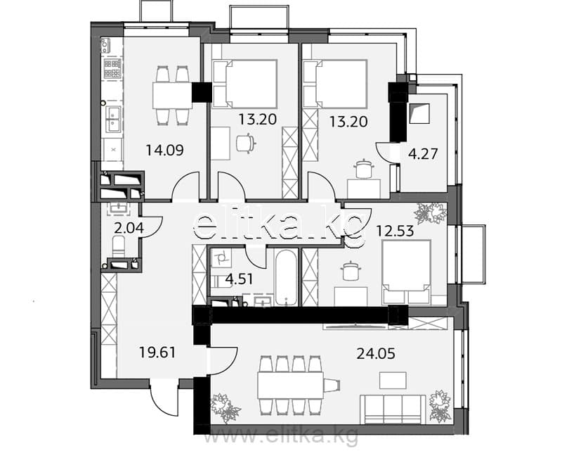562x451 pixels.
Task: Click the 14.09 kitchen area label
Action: click(164, 150)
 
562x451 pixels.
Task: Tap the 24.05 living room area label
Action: click(376, 354)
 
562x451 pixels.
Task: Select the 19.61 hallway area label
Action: click(157, 352)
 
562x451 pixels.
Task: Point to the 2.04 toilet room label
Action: click(124, 228)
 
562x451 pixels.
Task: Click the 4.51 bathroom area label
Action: click(239, 279)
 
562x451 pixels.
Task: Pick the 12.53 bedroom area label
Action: click(395, 231)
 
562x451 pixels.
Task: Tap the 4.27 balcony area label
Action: click(424, 153)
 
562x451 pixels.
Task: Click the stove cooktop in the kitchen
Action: click(112, 68)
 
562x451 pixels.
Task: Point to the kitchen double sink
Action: click(113, 119)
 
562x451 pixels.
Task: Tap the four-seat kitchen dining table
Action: click(173, 96)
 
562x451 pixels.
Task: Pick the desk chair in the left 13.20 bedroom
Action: click(246, 144)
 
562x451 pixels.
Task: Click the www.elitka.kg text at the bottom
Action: click(281, 436)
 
